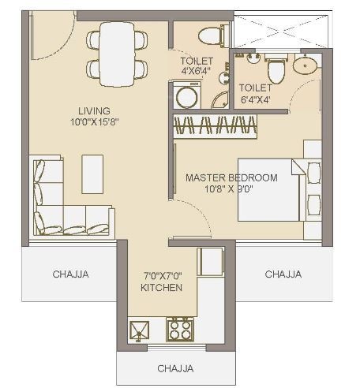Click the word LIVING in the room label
point(94,110)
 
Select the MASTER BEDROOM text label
point(231,178)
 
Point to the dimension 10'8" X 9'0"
point(232,189)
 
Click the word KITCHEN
point(161,288)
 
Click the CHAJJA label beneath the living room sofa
point(71,274)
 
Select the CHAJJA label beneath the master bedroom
point(283,274)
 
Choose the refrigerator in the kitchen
point(210,261)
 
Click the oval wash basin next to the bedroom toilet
point(306,66)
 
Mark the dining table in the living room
point(117,53)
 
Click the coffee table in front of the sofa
point(92,173)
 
